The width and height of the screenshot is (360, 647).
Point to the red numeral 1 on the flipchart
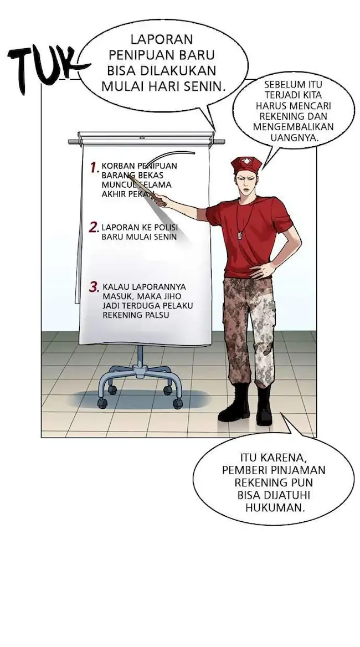94,167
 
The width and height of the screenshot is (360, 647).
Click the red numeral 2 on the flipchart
94,227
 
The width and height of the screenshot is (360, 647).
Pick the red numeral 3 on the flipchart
94,287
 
